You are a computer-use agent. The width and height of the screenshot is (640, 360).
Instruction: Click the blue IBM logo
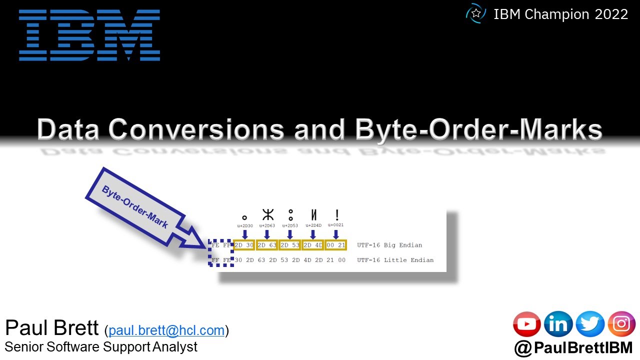click(89, 34)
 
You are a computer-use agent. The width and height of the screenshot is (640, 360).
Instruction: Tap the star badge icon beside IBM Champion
click(475, 14)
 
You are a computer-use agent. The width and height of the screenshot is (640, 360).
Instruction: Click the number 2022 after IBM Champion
click(611, 14)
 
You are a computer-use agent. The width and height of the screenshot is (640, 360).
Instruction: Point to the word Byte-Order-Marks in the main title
click(478, 129)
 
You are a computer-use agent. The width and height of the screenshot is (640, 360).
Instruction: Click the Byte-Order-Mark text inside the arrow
click(134, 206)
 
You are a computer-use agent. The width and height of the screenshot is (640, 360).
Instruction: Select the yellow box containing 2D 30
click(244, 245)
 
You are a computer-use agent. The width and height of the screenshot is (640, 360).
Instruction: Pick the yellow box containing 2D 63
click(267, 245)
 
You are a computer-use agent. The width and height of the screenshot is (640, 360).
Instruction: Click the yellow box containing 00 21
click(335, 245)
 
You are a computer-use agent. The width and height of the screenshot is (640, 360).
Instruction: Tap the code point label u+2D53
click(290, 225)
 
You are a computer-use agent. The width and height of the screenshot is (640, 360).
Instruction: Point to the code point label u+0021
click(336, 225)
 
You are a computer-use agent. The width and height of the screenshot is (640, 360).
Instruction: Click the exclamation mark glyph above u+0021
click(337, 215)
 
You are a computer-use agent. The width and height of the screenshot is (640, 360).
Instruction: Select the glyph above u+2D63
click(268, 215)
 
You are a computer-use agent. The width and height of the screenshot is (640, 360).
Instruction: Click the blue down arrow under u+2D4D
click(313, 234)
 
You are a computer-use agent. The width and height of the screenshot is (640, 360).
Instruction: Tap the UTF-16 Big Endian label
click(389, 245)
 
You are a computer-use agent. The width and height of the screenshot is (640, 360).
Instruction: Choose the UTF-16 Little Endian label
click(395, 260)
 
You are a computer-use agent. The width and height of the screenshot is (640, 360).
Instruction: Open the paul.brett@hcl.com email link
click(166, 330)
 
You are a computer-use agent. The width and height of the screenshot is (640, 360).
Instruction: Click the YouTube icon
click(527, 324)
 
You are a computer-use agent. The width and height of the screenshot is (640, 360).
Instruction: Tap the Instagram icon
click(621, 324)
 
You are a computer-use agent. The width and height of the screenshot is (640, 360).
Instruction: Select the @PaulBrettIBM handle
click(573, 347)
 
